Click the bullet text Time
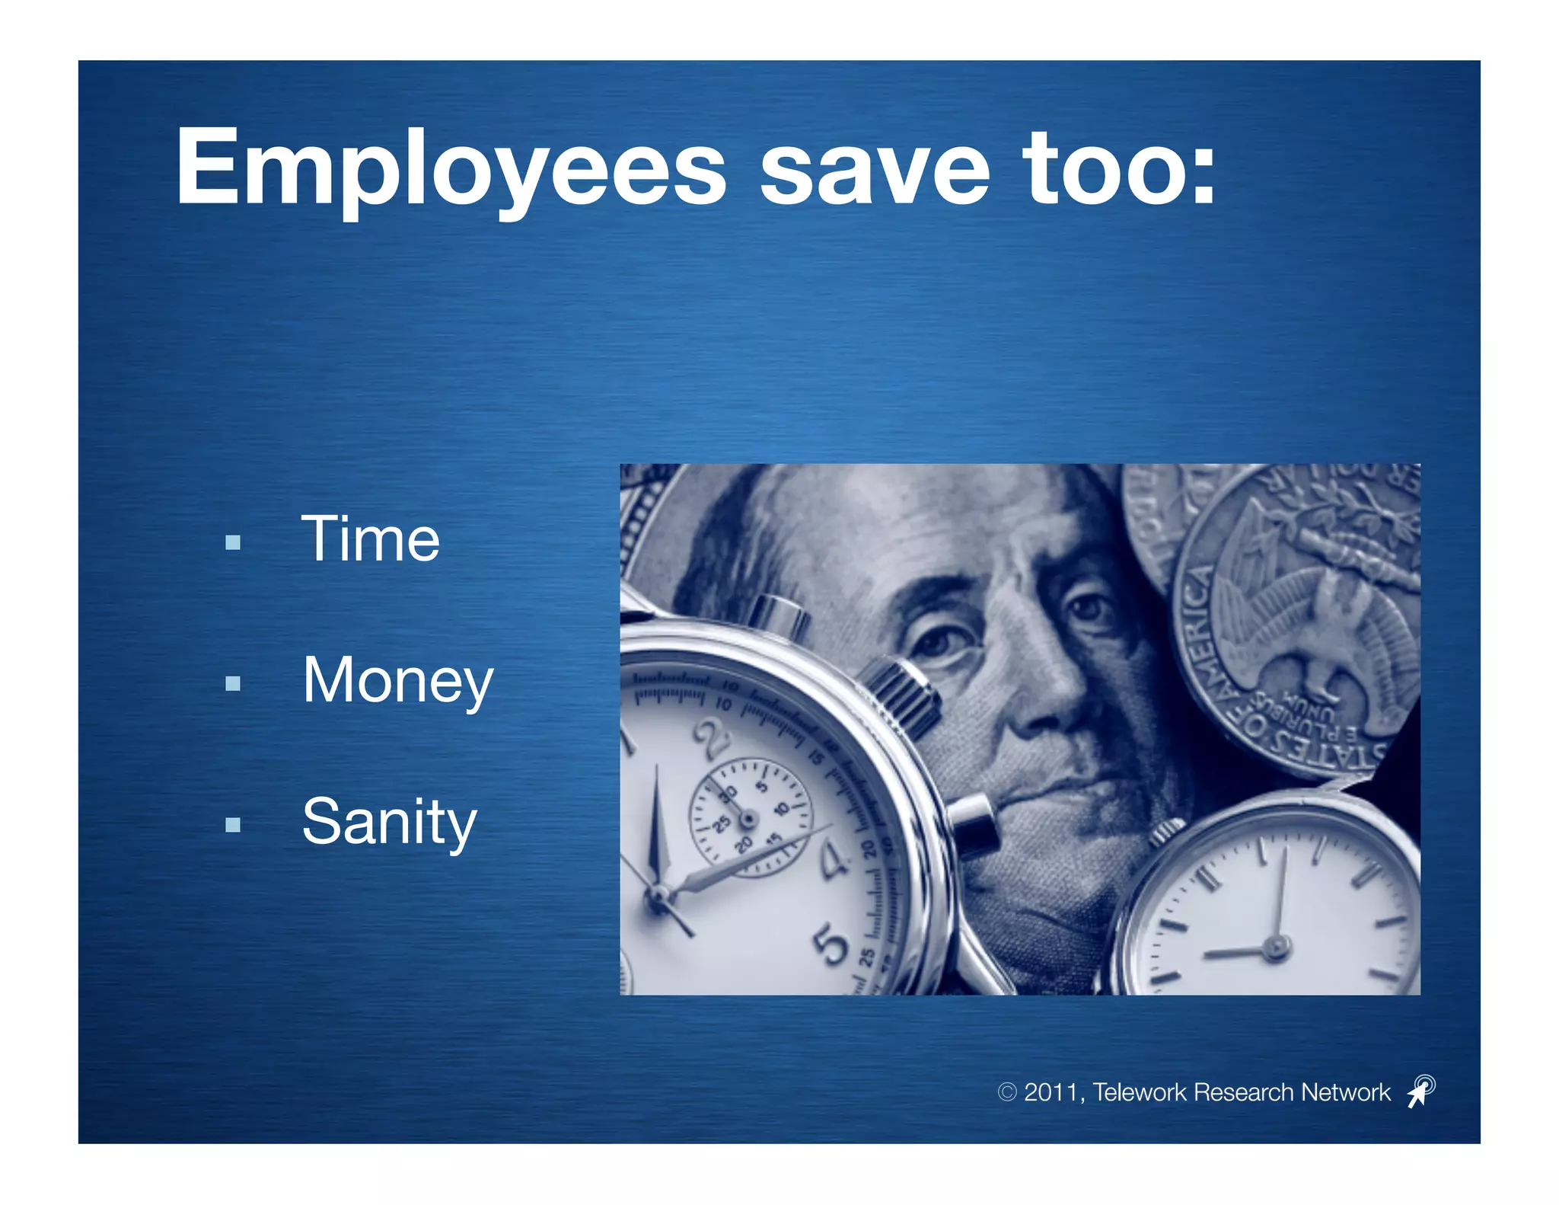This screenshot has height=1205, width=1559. tap(371, 539)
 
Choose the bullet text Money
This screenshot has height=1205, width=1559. tap(398, 680)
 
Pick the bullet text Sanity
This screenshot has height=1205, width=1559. tap(389, 821)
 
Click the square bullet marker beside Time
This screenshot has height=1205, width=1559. tap(233, 542)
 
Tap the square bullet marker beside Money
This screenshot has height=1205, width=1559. tap(233, 683)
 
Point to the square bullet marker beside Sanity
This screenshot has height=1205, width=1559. tap(233, 824)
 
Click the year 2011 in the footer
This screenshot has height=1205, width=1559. tap(1050, 1092)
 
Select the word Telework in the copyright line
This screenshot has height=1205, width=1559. tap(1140, 1092)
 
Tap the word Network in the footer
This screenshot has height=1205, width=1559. tap(1345, 1092)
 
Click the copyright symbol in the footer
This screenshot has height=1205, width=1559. tap(1006, 1092)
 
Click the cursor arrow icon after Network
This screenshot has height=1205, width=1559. tap(1420, 1091)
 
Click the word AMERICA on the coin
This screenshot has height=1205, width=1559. tap(1199, 625)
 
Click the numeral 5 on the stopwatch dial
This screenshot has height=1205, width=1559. tap(831, 945)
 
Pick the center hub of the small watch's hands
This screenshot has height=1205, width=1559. tap(1276, 948)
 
